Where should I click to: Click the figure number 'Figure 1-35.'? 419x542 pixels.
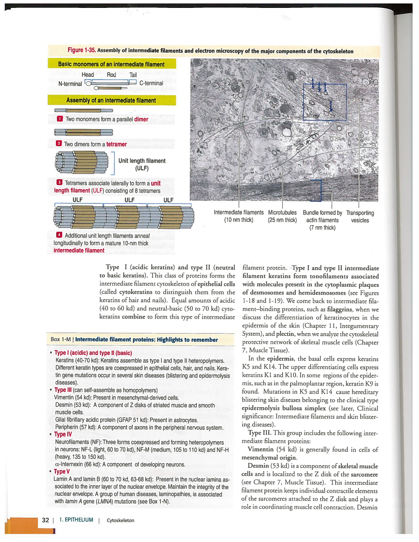[x=81, y=50]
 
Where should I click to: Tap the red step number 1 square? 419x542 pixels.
[x=60, y=119]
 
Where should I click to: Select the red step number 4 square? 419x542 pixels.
[x=59, y=235]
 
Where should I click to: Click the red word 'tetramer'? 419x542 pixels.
[x=116, y=144]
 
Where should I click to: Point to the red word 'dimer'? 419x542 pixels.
[x=141, y=119]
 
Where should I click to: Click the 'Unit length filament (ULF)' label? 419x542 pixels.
[x=142, y=165]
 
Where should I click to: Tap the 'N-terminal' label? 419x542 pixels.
[x=70, y=84]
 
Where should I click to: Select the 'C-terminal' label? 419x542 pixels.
[x=151, y=83]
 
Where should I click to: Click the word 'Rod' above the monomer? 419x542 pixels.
[x=111, y=75]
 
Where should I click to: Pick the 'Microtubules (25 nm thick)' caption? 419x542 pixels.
[x=282, y=216]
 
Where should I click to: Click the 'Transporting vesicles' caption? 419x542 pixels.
[x=360, y=216]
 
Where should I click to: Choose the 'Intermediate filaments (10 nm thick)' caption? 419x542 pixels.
[x=239, y=216]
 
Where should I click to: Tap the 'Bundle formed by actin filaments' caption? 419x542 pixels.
[x=322, y=220]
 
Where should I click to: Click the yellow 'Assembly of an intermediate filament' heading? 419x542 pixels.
[x=111, y=101]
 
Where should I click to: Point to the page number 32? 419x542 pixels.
[x=45, y=520]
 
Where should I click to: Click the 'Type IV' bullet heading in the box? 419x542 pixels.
[x=62, y=434]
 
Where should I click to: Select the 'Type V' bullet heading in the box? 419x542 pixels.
[x=61, y=471]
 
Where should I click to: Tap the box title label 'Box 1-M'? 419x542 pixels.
[x=61, y=339]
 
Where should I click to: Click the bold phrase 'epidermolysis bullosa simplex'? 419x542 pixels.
[x=284, y=408]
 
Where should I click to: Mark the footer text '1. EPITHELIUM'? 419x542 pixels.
[x=76, y=520]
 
